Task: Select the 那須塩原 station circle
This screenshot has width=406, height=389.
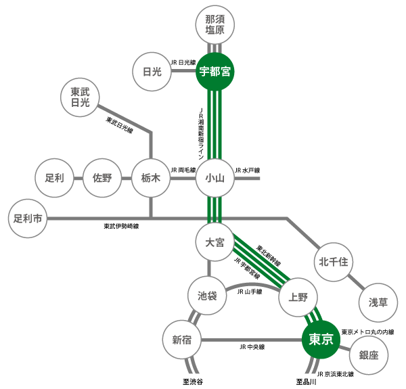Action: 215,26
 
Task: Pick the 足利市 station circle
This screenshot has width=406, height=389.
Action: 28,219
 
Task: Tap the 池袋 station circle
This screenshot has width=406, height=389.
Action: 207,296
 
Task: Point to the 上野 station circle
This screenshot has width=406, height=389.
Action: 298,296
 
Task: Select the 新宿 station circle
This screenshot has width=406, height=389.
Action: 182,340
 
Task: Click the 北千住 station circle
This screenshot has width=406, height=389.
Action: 333,262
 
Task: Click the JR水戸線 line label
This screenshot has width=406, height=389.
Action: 247,170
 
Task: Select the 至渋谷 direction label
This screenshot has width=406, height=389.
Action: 192,382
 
